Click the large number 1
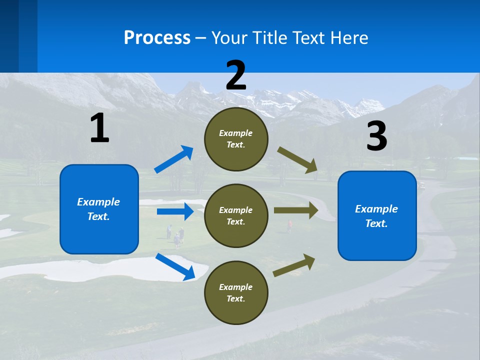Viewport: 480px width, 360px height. (99, 128)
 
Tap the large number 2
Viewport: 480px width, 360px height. (236, 75)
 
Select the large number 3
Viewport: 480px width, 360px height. (376, 136)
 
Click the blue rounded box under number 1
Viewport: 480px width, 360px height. (99, 209)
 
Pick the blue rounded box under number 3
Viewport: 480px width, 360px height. (377, 215)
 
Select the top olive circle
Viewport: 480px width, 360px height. (236, 138)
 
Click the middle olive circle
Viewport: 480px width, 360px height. (236, 215)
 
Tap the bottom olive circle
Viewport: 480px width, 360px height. (236, 292)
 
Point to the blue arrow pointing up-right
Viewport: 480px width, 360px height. (174, 159)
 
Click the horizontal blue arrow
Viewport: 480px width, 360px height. (175, 211)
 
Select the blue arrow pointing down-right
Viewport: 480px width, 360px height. (175, 266)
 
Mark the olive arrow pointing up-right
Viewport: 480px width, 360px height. (294, 265)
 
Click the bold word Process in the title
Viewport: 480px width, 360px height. (157, 37)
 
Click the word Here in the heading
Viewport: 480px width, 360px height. (349, 37)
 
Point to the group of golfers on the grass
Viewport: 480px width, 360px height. (175, 235)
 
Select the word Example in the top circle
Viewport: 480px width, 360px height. (236, 133)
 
